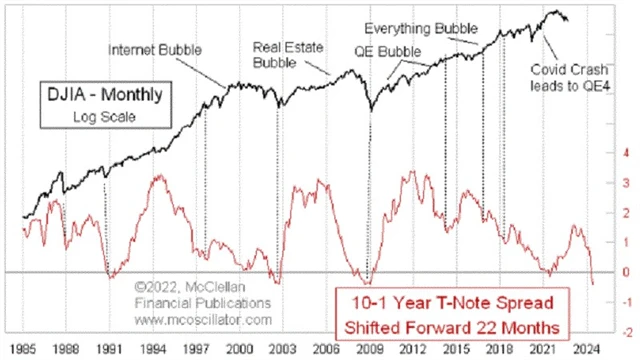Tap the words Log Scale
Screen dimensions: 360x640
96,118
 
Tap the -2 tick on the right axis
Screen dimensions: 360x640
621,329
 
